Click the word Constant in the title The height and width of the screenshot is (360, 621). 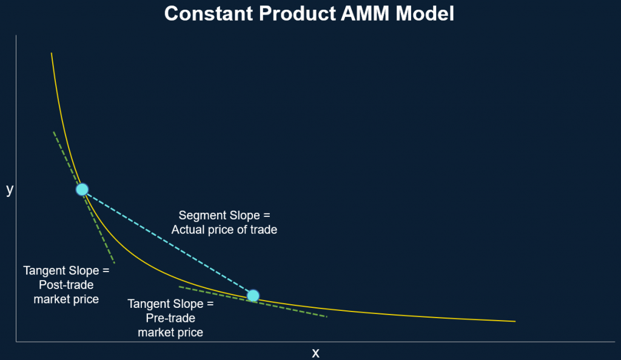(x=209, y=13)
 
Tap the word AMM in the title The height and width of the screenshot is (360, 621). (x=364, y=13)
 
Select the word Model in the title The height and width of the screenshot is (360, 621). (x=425, y=13)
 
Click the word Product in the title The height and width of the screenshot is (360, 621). (x=297, y=13)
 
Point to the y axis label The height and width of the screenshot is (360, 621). (x=10, y=190)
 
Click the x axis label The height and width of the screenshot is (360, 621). (x=315, y=353)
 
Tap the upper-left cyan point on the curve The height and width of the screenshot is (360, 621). (x=82, y=190)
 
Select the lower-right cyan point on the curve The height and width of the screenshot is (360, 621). (x=253, y=296)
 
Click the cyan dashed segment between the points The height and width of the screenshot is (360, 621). (x=167, y=242)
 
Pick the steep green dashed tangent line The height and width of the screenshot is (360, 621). (x=84, y=198)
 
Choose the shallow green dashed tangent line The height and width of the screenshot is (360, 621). (x=253, y=301)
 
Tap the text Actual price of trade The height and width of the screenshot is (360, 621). (x=224, y=230)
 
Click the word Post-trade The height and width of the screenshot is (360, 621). (x=66, y=285)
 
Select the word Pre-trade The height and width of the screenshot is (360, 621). (x=170, y=318)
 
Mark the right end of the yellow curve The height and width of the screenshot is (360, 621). (x=515, y=321)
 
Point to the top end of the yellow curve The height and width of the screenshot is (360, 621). (x=52, y=53)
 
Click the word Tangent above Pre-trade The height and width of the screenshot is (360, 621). (x=150, y=304)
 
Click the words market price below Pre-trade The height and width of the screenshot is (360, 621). (x=170, y=332)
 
